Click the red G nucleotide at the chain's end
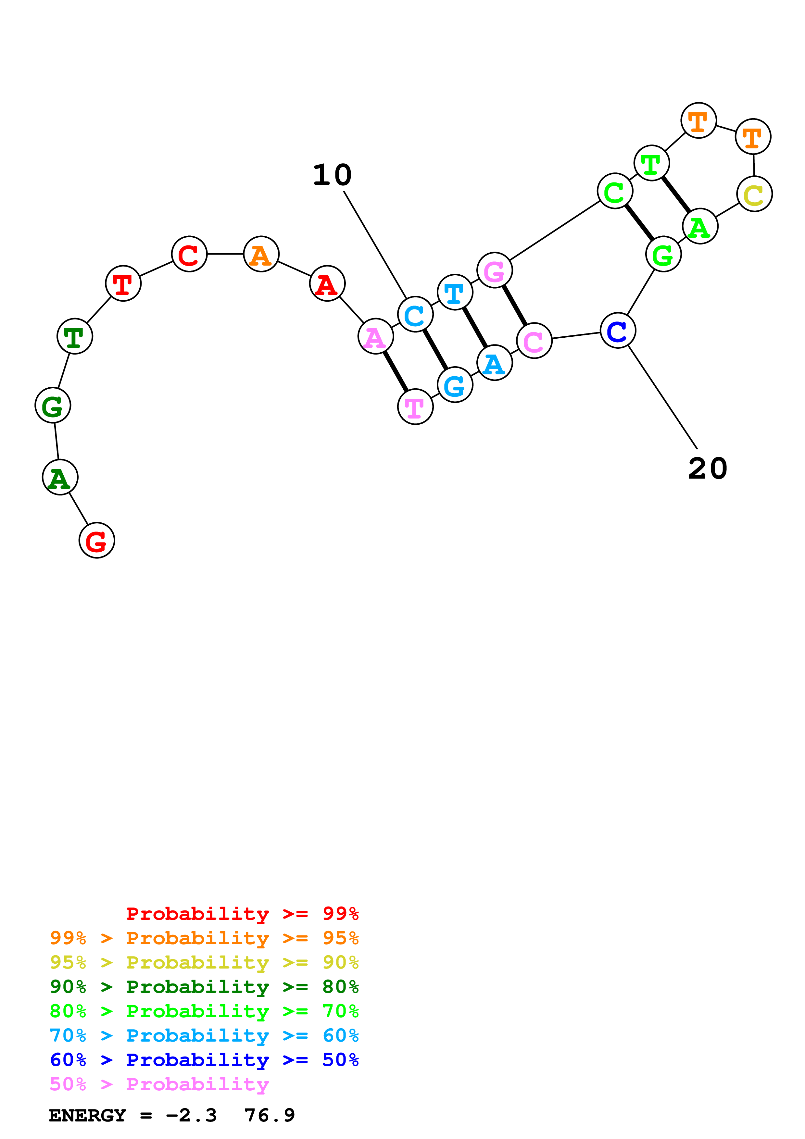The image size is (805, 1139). [x=97, y=540]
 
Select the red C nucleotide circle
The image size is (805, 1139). [x=189, y=254]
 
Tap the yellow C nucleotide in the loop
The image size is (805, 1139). [x=754, y=194]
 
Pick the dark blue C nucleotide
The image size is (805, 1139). [x=618, y=331]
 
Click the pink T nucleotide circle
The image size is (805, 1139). [x=415, y=407]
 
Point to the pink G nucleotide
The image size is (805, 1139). [x=495, y=270]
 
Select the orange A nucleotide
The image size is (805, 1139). [x=261, y=254]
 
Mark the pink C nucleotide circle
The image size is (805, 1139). [x=534, y=340]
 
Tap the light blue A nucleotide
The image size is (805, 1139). [x=495, y=363]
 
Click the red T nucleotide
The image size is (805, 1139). [x=123, y=283]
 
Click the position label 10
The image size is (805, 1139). [x=332, y=175]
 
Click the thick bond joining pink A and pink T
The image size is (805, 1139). [x=395, y=371]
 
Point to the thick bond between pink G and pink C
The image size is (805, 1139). [x=514, y=306]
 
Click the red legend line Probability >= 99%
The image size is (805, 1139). [x=242, y=914]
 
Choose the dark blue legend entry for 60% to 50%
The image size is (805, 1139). [x=204, y=1060]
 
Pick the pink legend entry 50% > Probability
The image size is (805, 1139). [x=159, y=1084]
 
